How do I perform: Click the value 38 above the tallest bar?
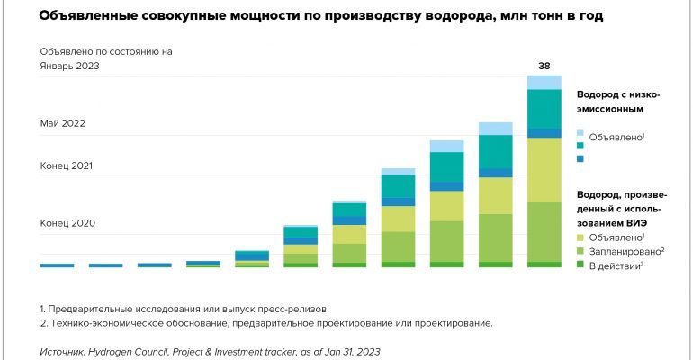(544, 66)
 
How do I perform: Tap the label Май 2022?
(62, 123)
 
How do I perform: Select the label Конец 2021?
(67, 166)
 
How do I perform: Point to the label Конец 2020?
(67, 222)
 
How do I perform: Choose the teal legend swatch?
(580, 146)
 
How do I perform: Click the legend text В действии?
(618, 266)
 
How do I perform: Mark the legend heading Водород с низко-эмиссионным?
(622, 102)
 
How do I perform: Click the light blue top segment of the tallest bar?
(544, 83)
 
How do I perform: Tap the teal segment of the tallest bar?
(544, 110)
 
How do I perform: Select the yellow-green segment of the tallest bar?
(544, 169)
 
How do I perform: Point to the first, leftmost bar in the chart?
(57, 265)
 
